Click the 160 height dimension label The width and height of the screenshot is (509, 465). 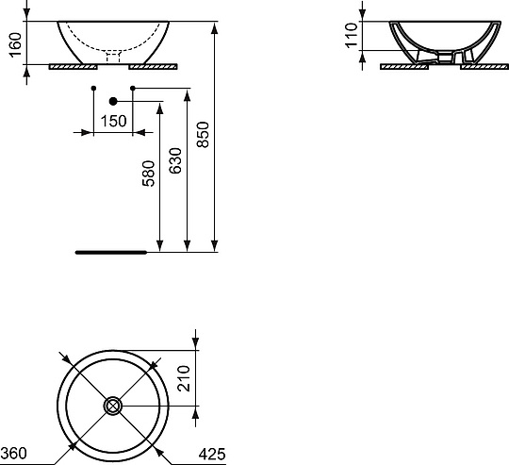pyautogui.click(x=15, y=45)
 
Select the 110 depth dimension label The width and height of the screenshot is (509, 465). pyautogui.click(x=352, y=36)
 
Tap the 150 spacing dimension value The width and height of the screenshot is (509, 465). pyautogui.click(x=113, y=121)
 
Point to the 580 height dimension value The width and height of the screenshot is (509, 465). pyautogui.click(x=148, y=174)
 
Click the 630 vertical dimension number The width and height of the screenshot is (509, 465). pyautogui.click(x=175, y=160)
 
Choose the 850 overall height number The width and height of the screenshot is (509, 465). pyautogui.click(x=203, y=135)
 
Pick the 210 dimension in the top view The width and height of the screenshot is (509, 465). pyautogui.click(x=184, y=378)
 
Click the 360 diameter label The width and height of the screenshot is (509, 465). pyautogui.click(x=13, y=454)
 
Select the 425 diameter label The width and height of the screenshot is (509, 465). pyautogui.click(x=212, y=454)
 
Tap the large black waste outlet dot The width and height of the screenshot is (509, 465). pyautogui.click(x=113, y=101)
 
